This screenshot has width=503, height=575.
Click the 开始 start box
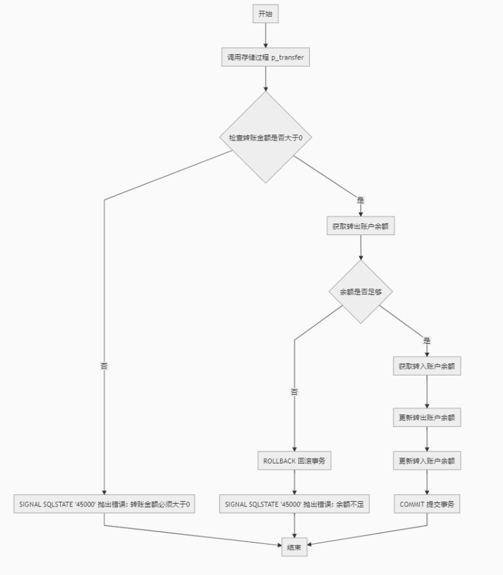(x=265, y=14)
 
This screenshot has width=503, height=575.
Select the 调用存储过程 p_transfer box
(x=265, y=57)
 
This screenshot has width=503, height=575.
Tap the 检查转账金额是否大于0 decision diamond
(x=265, y=137)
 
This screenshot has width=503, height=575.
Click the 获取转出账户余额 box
(x=360, y=226)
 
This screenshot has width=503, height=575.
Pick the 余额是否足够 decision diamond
(x=360, y=291)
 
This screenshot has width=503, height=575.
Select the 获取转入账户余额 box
(x=427, y=366)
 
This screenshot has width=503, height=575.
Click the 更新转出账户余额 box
(x=427, y=418)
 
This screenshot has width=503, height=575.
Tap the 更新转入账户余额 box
(x=427, y=461)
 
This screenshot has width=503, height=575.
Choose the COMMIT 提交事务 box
(x=427, y=504)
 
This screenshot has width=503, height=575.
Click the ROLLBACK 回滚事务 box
(x=294, y=461)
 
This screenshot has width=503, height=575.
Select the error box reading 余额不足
(x=294, y=504)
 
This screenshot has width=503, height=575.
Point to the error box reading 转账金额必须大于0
(x=104, y=504)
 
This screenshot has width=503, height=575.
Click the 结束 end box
(x=294, y=547)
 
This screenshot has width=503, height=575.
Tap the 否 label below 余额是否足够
(x=294, y=391)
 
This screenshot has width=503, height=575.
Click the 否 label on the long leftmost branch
(x=104, y=364)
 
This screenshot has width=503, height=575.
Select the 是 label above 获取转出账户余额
(x=360, y=199)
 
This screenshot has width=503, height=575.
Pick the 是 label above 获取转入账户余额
(x=427, y=341)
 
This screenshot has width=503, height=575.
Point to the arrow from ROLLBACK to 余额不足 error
(x=294, y=483)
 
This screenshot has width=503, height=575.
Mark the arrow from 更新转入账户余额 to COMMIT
(x=427, y=483)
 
